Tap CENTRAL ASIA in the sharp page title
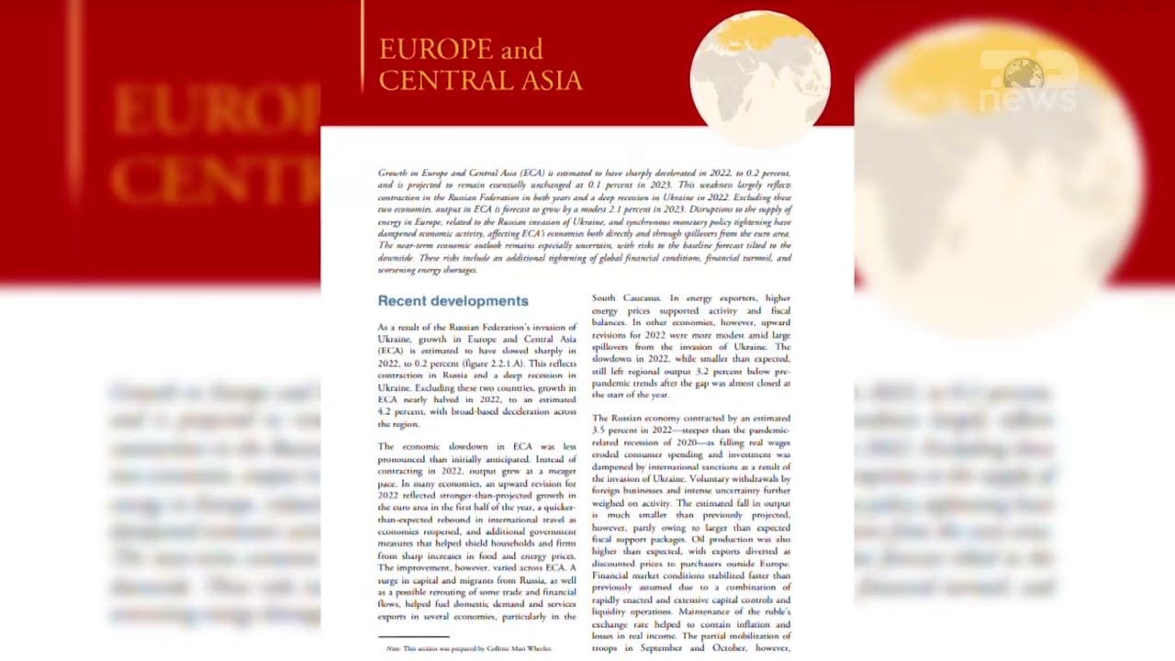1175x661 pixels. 480,81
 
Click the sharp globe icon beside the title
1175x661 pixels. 759,77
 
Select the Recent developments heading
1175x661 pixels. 453,301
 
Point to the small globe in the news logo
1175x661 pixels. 1024,73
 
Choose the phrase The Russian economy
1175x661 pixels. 643,418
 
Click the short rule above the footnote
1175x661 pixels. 413,636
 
